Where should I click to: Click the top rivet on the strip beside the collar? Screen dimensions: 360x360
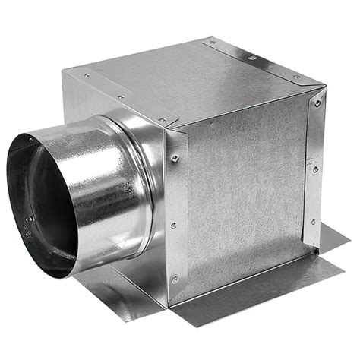pyautogui.click(x=175, y=158)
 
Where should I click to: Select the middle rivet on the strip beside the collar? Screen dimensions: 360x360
pyautogui.click(x=173, y=226)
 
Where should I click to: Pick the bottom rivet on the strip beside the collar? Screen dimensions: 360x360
pyautogui.click(x=174, y=279)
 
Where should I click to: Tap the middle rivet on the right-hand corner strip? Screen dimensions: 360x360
pyautogui.click(x=315, y=169)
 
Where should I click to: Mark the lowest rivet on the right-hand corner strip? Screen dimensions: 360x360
pyautogui.click(x=313, y=222)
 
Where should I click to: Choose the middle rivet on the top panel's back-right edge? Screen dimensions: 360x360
pyautogui.click(x=252, y=58)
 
